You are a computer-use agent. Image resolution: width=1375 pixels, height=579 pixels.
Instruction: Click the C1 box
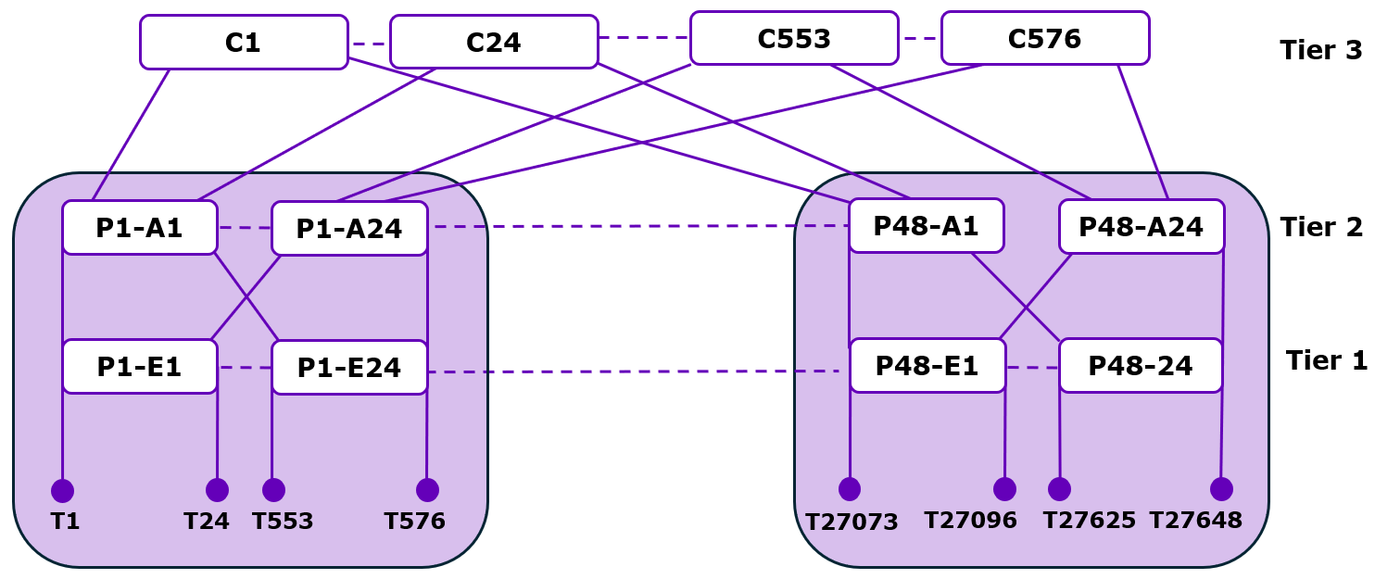point(244,43)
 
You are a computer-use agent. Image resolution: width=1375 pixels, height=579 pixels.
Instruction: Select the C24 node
point(494,43)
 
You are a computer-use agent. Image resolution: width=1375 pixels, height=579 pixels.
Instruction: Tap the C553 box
point(794,39)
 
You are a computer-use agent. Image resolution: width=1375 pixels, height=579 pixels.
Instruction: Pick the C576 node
point(1044,39)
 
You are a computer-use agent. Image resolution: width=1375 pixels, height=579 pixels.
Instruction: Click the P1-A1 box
point(140,228)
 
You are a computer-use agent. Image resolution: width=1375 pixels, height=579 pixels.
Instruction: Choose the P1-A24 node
point(349,229)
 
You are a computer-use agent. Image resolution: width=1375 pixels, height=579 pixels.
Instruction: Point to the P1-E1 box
point(140,367)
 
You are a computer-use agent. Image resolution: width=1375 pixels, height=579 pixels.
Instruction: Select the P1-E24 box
point(349,368)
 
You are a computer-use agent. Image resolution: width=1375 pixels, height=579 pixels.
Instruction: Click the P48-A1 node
point(927,226)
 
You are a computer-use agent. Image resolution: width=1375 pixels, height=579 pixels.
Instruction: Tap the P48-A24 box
point(1141,227)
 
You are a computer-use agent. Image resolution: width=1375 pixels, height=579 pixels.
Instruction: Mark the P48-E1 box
point(927,366)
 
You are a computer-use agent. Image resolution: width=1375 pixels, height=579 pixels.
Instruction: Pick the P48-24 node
point(1141,366)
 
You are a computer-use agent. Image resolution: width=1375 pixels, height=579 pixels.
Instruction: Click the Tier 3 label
point(1320,50)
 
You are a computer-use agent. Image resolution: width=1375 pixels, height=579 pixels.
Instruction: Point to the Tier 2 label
point(1320,227)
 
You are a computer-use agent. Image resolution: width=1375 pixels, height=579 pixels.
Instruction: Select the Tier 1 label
point(1326,360)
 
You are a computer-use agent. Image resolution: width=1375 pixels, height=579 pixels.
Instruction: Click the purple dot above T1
point(62,491)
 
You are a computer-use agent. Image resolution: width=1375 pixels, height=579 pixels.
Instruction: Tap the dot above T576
point(427,490)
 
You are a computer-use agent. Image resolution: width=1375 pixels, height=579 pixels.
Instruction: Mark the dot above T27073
point(850,489)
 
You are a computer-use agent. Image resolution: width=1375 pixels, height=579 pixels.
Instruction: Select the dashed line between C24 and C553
point(644,38)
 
